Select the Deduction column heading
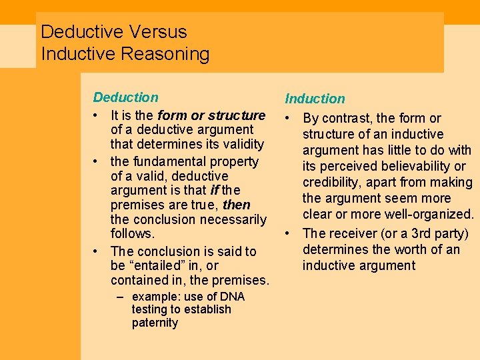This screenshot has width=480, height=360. tap(126, 97)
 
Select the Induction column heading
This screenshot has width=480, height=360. tap(315, 99)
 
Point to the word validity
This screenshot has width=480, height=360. tap(242, 144)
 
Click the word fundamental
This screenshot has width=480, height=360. tap(171, 161)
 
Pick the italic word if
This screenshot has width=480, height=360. tap(215, 191)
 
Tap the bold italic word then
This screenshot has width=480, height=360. tap(237, 205)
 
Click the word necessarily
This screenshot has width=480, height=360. tap(232, 219)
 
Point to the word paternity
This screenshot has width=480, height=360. tap(155, 323)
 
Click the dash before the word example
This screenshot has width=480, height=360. tap(122, 297)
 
